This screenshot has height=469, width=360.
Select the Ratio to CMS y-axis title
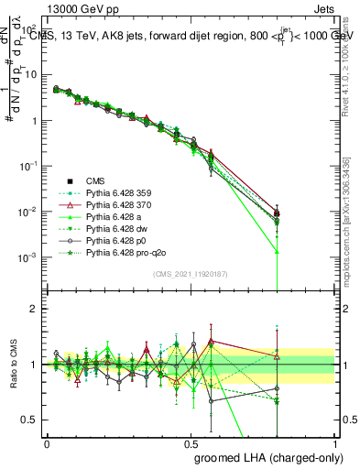point(11,365)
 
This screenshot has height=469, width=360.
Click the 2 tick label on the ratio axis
point(36,309)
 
